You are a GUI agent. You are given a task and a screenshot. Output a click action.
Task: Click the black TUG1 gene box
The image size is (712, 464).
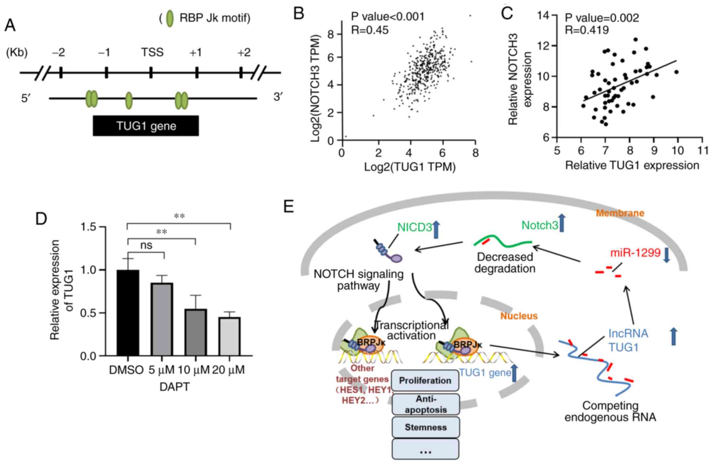click(x=146, y=126)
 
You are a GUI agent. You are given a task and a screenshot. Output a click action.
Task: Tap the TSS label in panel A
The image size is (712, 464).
click(x=152, y=53)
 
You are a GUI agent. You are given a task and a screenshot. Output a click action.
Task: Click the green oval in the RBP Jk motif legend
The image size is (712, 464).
click(x=170, y=18)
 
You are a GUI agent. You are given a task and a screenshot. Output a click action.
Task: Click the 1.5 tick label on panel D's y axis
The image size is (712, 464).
click(x=88, y=227)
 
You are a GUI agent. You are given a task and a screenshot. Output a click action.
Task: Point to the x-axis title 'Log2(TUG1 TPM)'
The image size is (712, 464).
click(x=410, y=167)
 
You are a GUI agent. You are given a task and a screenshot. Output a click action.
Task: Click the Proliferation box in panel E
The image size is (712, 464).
click(x=425, y=381)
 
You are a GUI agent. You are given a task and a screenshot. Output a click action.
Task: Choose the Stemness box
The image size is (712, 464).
click(x=425, y=427)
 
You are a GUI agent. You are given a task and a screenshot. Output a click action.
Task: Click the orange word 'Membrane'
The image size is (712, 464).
click(x=620, y=213)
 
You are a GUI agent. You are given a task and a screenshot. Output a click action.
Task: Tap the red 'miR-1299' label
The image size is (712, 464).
click(x=635, y=252)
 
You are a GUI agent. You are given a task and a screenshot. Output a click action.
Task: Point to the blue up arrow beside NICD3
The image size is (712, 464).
click(x=436, y=229)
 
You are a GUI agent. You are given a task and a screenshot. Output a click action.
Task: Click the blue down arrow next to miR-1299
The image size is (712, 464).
click(x=666, y=255)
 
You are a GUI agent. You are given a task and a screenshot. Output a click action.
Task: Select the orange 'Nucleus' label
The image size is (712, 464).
click(x=519, y=316)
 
